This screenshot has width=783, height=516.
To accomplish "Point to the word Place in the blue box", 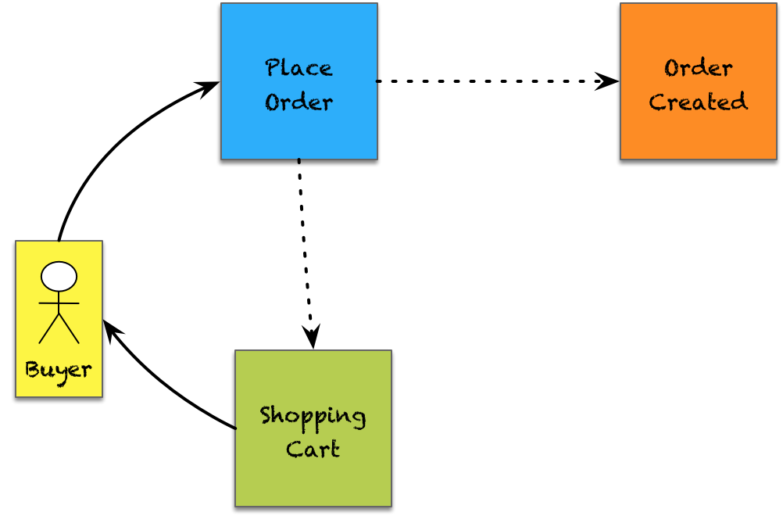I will click(x=299, y=68).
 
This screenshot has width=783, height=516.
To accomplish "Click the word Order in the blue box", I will click(x=299, y=102).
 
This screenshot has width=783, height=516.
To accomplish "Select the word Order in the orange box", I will click(x=698, y=68).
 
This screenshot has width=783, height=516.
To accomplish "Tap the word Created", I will click(x=698, y=102).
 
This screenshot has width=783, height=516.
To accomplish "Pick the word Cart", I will click(x=313, y=450).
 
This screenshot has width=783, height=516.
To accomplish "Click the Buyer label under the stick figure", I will click(x=59, y=369).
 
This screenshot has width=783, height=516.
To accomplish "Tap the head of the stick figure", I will click(x=59, y=276).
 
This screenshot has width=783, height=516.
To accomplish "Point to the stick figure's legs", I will click(x=59, y=329).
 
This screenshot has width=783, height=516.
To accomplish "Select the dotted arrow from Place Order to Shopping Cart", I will click(x=304, y=250).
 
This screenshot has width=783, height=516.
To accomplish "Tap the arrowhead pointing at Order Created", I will click(x=608, y=81).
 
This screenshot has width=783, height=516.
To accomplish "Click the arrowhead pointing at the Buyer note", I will click(x=111, y=328).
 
